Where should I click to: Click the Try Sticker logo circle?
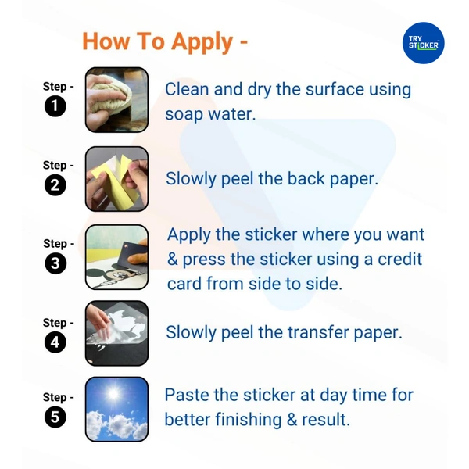(423, 43)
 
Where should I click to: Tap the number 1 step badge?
(55, 106)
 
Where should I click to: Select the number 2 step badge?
(55, 184)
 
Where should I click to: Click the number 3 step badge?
(55, 263)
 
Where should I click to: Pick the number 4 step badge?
(55, 342)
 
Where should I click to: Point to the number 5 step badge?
(55, 417)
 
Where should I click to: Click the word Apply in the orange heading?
(202, 42)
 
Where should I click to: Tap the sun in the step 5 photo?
(113, 394)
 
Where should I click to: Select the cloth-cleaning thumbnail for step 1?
(116, 100)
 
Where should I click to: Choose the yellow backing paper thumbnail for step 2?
(116, 179)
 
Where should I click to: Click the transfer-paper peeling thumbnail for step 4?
(116, 333)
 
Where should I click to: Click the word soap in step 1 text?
(184, 115)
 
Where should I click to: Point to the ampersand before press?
(173, 259)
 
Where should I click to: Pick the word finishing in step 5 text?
(249, 419)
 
